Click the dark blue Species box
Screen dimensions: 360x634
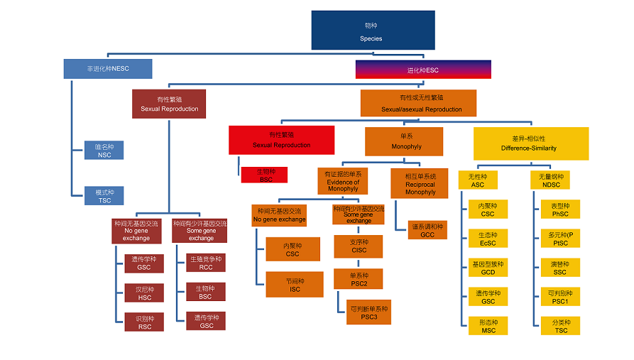tap(372, 30)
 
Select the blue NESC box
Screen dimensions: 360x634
tap(107, 69)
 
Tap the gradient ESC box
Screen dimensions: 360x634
tap(422, 69)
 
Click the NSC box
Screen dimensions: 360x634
tap(104, 151)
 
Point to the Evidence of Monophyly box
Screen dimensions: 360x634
tap(342, 181)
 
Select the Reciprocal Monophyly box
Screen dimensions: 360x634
tap(420, 183)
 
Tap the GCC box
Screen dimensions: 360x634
tap(427, 230)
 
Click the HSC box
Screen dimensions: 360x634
tap(144, 293)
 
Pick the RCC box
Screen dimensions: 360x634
tap(205, 263)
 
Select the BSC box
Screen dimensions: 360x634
tap(205, 292)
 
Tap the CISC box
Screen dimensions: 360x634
tap(359, 246)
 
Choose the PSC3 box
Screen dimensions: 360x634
tap(368, 312)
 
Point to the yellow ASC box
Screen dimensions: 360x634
tap(478, 180)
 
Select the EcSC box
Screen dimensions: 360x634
tap(488, 239)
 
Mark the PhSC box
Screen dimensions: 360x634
tap(560, 209)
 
